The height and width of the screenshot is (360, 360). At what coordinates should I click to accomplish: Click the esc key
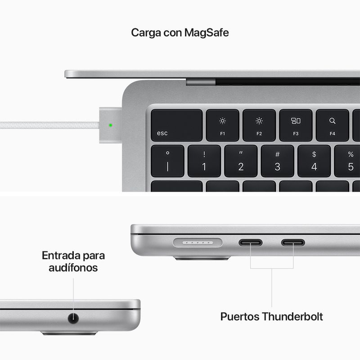click(x=176, y=126)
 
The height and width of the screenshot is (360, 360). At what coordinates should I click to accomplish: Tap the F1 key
click(x=222, y=126)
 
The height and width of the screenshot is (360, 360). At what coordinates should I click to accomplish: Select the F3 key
click(x=296, y=126)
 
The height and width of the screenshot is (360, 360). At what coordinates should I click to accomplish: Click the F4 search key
click(x=332, y=126)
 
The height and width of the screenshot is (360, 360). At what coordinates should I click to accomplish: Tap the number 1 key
click(x=204, y=161)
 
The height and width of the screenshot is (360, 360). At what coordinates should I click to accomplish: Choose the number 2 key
click(x=241, y=161)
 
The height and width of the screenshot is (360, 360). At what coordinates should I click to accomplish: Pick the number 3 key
click(x=277, y=161)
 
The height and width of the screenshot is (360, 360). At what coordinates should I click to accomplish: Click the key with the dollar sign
click(x=314, y=161)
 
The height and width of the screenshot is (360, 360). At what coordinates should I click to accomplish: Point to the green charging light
click(x=110, y=126)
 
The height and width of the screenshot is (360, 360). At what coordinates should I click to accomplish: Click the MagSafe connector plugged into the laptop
click(x=110, y=125)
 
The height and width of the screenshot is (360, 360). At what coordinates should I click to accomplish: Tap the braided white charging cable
click(x=49, y=126)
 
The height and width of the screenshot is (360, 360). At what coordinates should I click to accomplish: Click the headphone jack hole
click(x=73, y=318)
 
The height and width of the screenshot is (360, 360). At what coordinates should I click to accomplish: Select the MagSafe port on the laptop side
click(x=198, y=243)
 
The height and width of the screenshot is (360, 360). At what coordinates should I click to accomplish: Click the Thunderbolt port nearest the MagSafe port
click(x=250, y=243)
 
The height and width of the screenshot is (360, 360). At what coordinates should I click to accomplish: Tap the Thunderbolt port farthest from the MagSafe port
click(x=293, y=243)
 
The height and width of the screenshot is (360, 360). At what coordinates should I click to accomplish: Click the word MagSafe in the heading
click(x=207, y=32)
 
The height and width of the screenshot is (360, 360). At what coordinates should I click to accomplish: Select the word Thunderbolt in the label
click(x=292, y=316)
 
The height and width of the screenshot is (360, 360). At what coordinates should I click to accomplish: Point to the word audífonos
click(x=73, y=268)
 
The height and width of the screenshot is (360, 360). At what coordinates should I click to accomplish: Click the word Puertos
click(x=240, y=316)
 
